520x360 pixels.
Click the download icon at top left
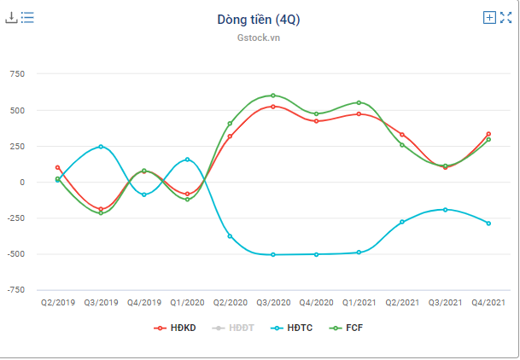[12, 17]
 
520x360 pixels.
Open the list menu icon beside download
[27, 17]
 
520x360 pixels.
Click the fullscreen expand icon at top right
[505, 17]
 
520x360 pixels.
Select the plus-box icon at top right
[489, 17]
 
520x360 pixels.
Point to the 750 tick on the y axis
[17, 74]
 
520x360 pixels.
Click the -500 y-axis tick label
[15, 254]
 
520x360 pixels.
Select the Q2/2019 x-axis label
[57, 302]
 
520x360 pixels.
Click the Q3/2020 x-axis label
[273, 302]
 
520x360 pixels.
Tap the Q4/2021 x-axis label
[488, 302]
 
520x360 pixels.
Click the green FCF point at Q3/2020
[273, 96]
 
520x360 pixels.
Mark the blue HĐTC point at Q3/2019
[101, 147]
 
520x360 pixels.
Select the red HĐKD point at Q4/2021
[488, 134]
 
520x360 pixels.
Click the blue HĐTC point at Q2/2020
[230, 235]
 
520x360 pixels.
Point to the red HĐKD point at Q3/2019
[101, 209]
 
